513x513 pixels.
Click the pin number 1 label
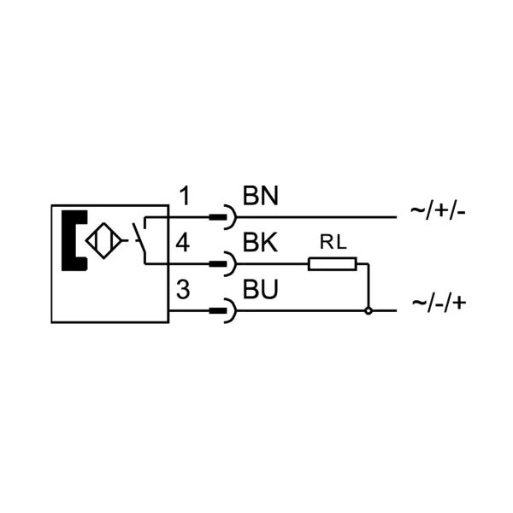click(186, 196)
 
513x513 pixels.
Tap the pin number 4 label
click(183, 243)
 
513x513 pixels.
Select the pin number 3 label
click(183, 289)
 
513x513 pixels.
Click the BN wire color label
click(261, 196)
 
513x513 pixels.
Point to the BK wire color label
click(261, 243)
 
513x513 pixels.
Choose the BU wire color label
click(261, 289)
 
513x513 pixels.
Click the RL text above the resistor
click(333, 243)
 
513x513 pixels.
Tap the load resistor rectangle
click(333, 264)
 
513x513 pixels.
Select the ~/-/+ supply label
click(439, 304)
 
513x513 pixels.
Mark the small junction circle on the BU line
click(369, 311)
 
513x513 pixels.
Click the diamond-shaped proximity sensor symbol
click(103, 241)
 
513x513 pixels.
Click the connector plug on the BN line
click(223, 217)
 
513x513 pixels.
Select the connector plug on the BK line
click(223, 263)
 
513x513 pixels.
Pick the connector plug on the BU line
click(223, 310)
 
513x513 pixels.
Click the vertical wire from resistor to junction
click(369, 286)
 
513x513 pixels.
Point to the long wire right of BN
click(316, 217)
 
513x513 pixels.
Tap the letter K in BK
click(269, 243)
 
